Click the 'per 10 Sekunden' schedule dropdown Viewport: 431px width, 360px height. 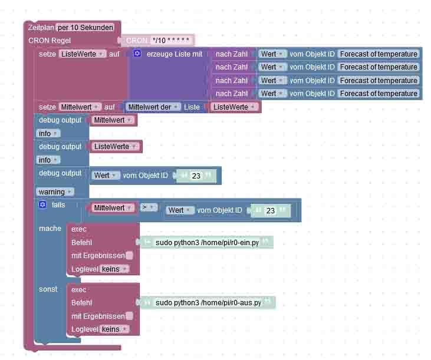(86, 28)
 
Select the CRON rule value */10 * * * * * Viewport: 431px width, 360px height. (171, 41)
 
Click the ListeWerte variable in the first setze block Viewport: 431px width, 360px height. (83, 54)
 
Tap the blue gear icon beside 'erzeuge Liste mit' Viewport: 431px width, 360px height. (137, 54)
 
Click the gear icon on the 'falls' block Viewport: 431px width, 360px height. (42, 205)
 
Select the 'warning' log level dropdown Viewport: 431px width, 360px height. (55, 191)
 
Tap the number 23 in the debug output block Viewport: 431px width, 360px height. (196, 176)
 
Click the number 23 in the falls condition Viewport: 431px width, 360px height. (271, 210)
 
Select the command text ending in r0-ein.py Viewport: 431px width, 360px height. (207, 243)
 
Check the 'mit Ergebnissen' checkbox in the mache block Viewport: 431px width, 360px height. (130, 256)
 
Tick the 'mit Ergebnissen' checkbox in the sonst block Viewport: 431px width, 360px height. (130, 316)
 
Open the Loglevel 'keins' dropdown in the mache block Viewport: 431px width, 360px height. (114, 269)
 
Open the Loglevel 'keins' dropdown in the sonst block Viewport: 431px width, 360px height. (114, 329)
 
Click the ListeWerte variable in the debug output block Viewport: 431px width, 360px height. (114, 147)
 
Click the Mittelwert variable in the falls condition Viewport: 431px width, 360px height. (111, 208)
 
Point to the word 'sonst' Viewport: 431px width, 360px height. (48, 289)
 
